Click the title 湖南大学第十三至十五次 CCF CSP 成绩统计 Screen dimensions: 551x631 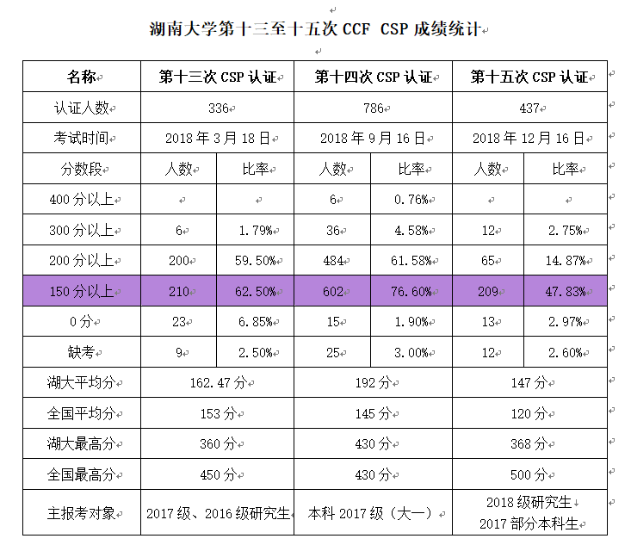click(315, 29)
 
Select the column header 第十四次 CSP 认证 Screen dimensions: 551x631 click(373, 77)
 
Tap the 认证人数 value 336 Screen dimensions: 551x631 click(218, 108)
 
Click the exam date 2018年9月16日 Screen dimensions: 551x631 click(373, 138)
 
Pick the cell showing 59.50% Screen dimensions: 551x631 click(256, 261)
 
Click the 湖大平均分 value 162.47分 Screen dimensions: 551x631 click(217, 383)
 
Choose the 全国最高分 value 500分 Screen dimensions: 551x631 click(529, 474)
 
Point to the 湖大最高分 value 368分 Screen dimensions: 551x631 click(529, 444)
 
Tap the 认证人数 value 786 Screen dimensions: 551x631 click(373, 108)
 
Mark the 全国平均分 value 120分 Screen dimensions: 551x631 click(529, 413)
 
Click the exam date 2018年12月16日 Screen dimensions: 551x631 click(529, 138)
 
